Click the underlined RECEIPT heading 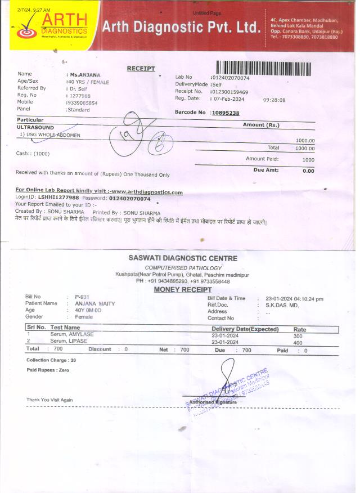point(141,68)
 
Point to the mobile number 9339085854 point(82,103)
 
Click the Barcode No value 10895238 point(225,113)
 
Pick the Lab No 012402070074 point(229,77)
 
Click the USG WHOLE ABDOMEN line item point(51,135)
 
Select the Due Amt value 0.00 point(308,171)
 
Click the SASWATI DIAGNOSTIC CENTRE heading point(183,258)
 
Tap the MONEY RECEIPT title point(183,289)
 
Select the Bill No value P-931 point(82,297)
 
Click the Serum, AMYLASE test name point(72,334)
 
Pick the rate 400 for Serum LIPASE point(298,342)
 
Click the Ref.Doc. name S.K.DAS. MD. point(282,304)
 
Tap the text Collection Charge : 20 point(51,360)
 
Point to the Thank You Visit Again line point(49,400)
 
